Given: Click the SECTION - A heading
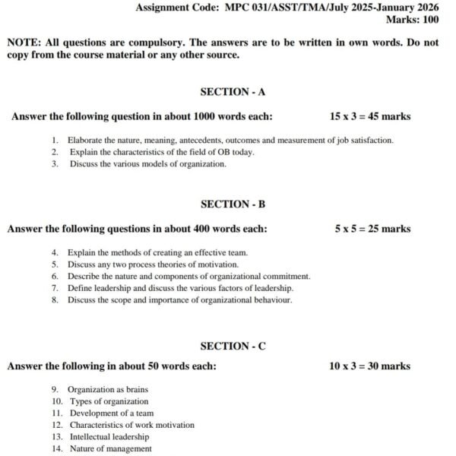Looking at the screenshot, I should coord(233,92).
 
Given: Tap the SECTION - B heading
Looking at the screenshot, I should coord(233,204).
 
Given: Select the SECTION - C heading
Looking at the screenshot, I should coord(233,346).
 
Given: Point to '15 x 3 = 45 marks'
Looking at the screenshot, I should coord(370,116).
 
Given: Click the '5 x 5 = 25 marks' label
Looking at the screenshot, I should coord(372,228).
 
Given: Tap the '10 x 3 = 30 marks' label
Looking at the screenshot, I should coord(370,366).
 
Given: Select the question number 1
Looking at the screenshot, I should coord(55,141).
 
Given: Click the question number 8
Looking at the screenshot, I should coord(55,299).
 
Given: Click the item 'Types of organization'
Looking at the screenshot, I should coord(109,401).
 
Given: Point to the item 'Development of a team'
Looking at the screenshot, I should coord(112,413).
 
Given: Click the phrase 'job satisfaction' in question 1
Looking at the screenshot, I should coord(367,141).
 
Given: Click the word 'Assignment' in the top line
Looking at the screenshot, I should coord(162,8).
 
